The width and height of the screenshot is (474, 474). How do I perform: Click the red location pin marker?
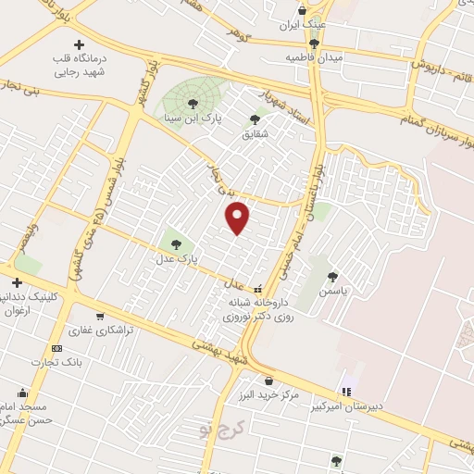(239, 218)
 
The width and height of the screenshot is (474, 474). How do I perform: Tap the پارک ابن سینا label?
(190, 118)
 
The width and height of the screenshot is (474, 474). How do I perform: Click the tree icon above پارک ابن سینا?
(193, 104)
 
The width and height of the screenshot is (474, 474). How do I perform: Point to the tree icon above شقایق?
(255, 118)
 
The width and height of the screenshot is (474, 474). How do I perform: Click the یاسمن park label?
(331, 291)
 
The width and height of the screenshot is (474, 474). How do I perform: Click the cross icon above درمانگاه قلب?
(78, 44)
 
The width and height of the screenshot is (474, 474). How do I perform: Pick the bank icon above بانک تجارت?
(56, 348)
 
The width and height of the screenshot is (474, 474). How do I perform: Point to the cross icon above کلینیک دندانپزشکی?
(17, 282)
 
